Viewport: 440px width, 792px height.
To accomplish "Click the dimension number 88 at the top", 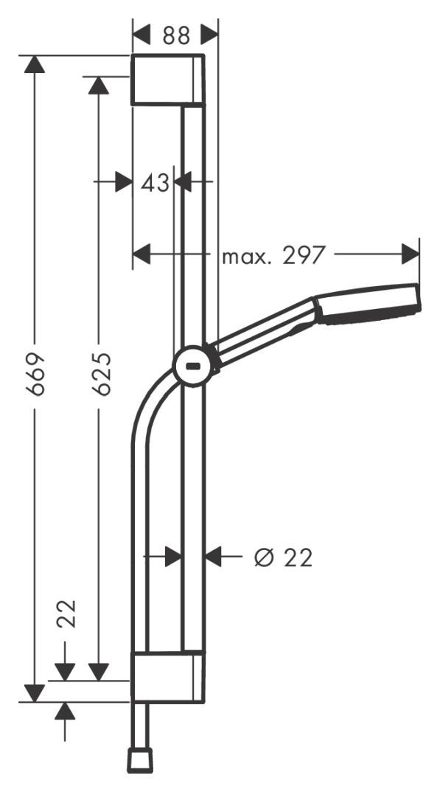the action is coord(176,36).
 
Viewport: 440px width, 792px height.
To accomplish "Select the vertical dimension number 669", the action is coord(35,375).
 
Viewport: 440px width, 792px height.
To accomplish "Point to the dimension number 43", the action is coord(155,182).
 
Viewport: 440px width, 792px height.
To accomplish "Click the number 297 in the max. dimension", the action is coord(302,256).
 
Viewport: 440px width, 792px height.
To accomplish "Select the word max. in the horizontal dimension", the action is coord(247,257).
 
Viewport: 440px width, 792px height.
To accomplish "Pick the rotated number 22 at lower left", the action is coord(66,614).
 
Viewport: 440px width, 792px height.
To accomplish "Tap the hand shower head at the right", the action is coord(368,304).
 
